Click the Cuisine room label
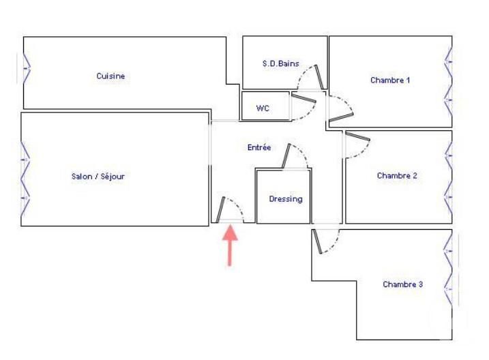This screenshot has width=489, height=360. click(110, 76)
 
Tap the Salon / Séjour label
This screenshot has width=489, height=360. click(98, 176)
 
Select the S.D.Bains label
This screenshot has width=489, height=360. click(281, 63)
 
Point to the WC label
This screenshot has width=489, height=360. click(263, 108)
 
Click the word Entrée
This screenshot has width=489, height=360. click(258, 147)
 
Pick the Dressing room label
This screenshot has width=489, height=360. click(286, 199)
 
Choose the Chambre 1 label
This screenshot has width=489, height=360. click(390, 80)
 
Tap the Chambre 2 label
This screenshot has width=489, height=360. click(397, 175)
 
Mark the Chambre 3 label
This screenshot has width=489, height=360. click(402, 284)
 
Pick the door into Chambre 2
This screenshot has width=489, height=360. click(355, 145)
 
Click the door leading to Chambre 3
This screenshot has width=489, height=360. click(325, 241)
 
